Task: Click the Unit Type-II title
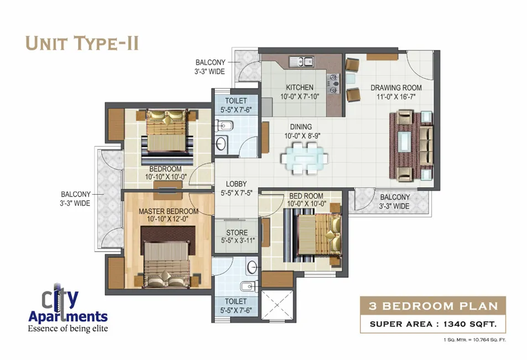[82, 43]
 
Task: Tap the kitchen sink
[301, 61]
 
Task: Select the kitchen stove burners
[333, 84]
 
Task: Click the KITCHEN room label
[300, 87]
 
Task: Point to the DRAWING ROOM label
[396, 88]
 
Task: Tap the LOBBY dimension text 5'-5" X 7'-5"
[236, 193]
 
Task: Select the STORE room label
[237, 233]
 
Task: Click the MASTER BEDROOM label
[168, 211]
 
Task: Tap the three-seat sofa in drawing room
[425, 146]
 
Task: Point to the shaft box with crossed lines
[277, 305]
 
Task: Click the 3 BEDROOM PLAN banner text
[433, 306]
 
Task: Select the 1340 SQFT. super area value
[470, 324]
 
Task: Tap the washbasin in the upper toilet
[221, 144]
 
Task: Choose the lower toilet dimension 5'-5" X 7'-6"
[236, 310]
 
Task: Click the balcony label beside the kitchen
[210, 67]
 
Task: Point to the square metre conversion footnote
[474, 340]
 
